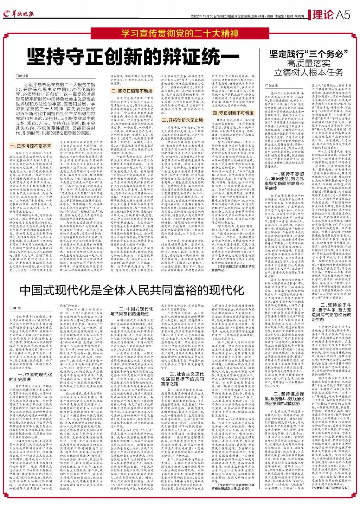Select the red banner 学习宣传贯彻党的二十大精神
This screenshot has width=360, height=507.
point(180,34)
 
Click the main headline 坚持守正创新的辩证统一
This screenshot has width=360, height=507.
point(133,56)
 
